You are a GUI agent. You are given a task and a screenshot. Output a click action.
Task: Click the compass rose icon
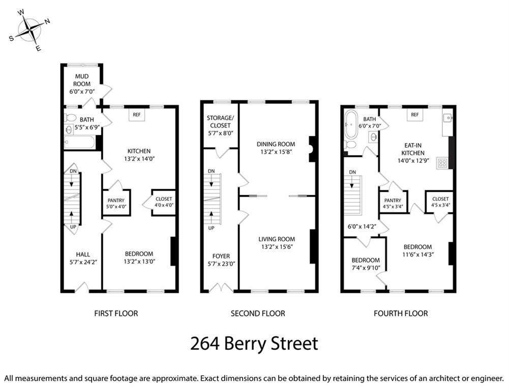click(x=30, y=31)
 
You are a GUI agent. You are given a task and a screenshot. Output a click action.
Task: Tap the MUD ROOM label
click(x=82, y=80)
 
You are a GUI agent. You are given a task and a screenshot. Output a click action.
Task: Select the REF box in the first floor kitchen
click(x=137, y=115)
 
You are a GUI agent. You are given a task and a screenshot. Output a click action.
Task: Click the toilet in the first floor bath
click(x=71, y=118)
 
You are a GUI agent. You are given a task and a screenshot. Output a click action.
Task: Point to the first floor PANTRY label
click(x=116, y=201)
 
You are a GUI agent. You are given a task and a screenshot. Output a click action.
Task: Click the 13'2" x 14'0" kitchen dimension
click(x=139, y=159)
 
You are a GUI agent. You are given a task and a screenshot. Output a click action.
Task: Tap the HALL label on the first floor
click(x=83, y=255)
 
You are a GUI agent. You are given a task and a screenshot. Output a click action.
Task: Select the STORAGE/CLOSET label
click(x=220, y=122)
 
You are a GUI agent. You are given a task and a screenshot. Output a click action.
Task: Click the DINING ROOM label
click(x=276, y=144)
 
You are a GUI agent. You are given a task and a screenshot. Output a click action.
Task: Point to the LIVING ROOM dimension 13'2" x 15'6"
click(x=277, y=247)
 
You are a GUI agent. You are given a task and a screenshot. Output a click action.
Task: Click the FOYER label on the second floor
click(x=221, y=256)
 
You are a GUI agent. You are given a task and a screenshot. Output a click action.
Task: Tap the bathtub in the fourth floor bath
click(x=350, y=125)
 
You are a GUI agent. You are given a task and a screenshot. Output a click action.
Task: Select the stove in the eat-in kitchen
click(x=442, y=163)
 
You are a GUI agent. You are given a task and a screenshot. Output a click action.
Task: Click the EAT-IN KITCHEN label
click(x=412, y=149)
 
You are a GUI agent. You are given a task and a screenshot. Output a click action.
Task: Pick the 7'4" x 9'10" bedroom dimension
click(x=366, y=268)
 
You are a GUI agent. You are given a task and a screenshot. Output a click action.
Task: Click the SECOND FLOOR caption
click(x=258, y=314)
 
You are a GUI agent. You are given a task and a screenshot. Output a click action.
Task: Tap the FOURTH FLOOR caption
click(x=401, y=314)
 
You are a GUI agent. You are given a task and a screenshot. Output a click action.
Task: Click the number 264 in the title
click(x=205, y=344)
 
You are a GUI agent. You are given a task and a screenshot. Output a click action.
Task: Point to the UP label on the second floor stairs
click(x=212, y=228)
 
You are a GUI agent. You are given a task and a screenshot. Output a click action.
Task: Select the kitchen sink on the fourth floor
click(x=447, y=118)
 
